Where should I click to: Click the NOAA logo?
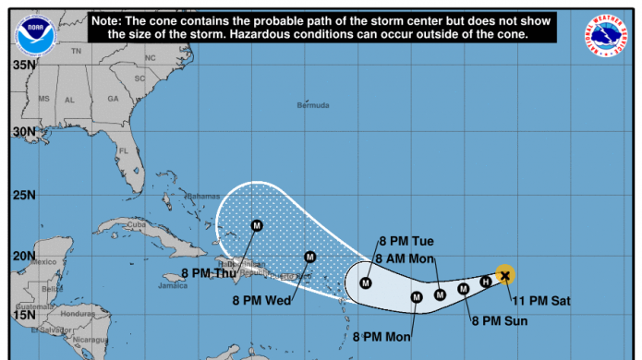[34, 34]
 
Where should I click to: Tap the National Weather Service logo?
[606, 33]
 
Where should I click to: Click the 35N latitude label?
[24, 66]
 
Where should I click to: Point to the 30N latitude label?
[24, 131]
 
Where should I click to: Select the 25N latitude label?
[24, 195]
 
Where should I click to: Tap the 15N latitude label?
[24, 315]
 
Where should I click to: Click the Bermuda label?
[312, 105]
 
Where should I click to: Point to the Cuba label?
[138, 224]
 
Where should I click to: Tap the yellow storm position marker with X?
[504, 274]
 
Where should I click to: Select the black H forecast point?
[485, 282]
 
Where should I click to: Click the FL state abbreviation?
[123, 150]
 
